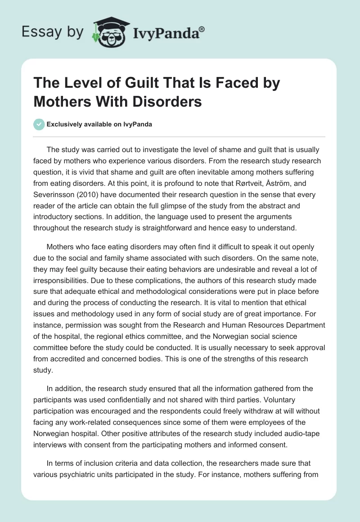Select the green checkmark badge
coord(39,124)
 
